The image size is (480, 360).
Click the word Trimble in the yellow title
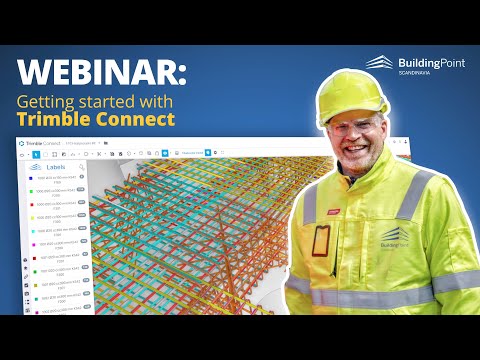click(55, 121)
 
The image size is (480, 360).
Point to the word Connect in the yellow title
click(135, 121)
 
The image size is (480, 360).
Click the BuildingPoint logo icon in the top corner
click(378, 63)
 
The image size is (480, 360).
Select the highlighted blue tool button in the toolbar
click(36, 155)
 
